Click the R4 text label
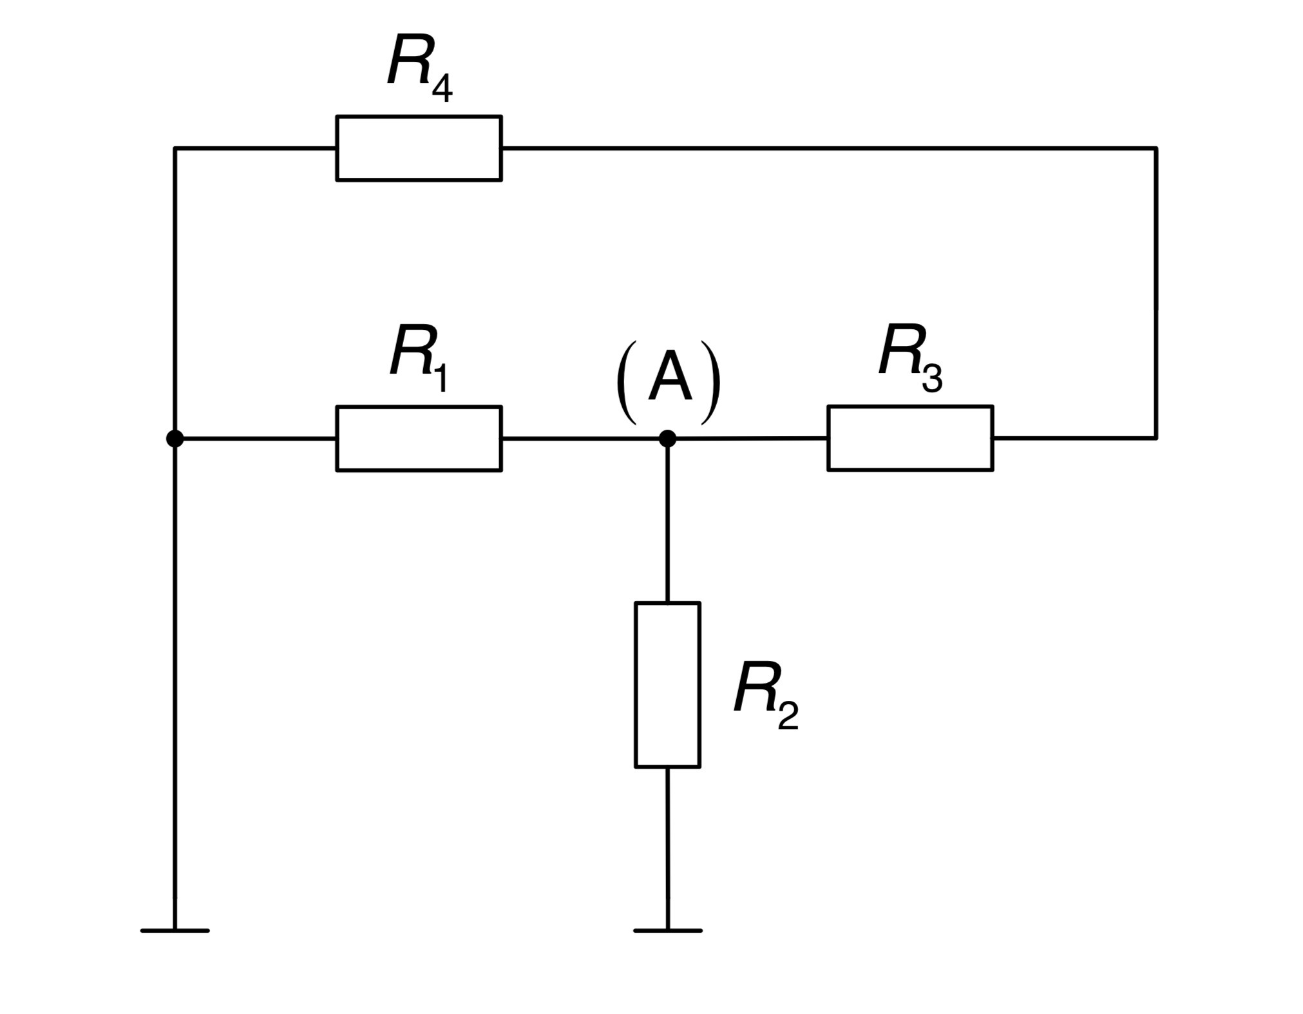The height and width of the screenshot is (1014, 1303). coord(420,68)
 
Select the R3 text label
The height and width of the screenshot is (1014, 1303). coord(911,358)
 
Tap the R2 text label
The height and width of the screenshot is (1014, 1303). coord(766,696)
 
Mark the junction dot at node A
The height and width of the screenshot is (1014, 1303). coord(667,439)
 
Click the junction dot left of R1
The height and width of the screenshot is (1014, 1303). coord(175,439)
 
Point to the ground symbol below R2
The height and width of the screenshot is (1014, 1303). coord(667,930)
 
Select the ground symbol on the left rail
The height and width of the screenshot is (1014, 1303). coord(175,930)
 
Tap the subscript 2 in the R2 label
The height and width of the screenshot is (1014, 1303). coord(788,715)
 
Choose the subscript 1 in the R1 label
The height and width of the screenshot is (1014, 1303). coord(441,378)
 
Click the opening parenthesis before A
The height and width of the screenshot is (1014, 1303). coord(626,383)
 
